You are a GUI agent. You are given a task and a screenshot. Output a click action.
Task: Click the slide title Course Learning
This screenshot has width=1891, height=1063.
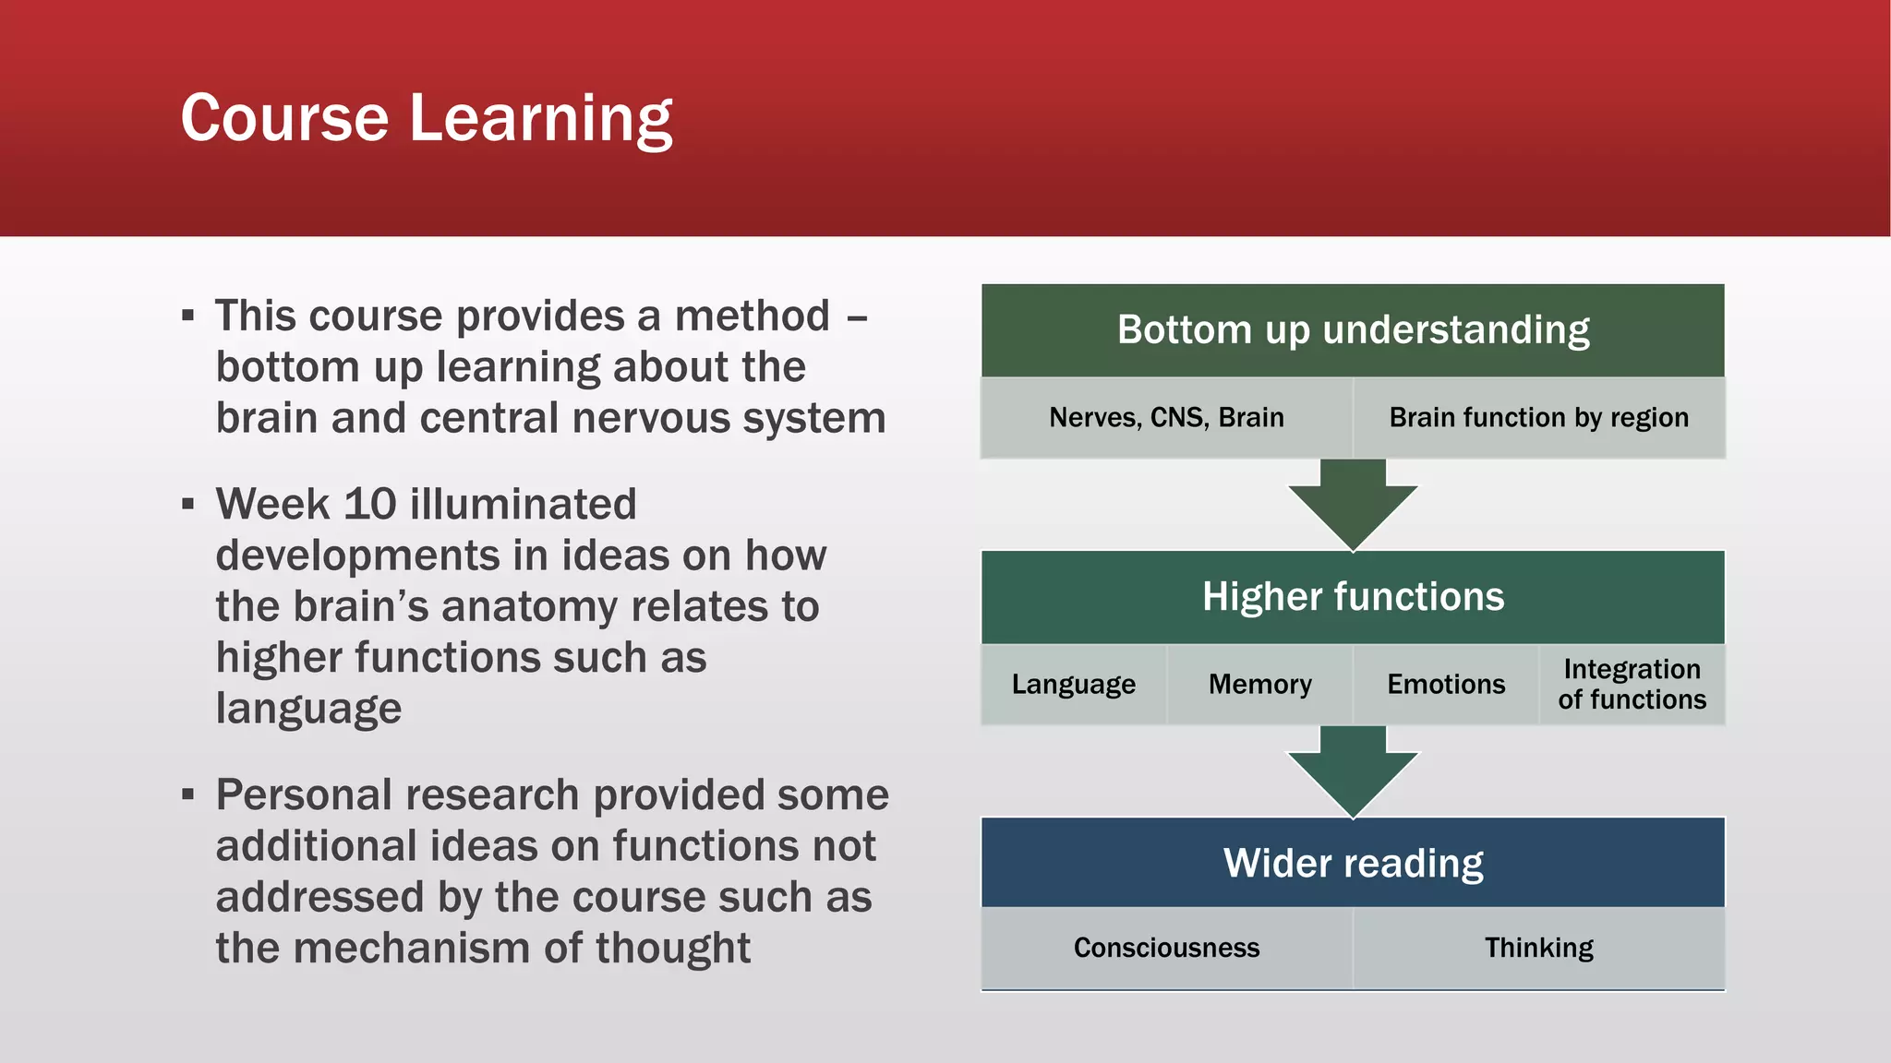[426, 118]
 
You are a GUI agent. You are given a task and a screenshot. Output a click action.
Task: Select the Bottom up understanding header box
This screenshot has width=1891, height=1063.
[1353, 330]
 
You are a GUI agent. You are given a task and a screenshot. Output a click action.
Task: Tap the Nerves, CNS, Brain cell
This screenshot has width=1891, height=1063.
[1166, 418]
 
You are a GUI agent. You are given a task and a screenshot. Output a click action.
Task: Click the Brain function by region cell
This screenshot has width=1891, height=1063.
[1538, 418]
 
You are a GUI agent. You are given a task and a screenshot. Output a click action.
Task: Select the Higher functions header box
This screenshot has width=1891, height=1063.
[1353, 597]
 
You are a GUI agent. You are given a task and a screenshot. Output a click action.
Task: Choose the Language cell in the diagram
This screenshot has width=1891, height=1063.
[1073, 685]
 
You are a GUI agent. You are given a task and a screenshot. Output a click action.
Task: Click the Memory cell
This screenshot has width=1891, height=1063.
[1259, 685]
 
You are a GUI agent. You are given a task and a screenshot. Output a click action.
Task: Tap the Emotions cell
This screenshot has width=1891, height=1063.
[1446, 685]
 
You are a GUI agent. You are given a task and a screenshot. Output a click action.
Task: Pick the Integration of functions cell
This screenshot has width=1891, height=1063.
[1632, 685]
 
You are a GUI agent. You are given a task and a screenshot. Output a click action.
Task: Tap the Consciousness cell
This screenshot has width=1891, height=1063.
[1166, 949]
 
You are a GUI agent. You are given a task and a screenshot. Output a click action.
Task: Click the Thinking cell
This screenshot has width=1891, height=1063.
[1538, 949]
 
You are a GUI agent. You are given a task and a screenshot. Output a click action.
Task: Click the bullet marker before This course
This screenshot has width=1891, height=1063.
[188, 317]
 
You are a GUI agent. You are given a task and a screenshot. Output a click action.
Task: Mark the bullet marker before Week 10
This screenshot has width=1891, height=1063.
[188, 505]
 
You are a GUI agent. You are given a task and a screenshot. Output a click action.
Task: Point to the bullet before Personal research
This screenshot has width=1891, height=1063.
[188, 794]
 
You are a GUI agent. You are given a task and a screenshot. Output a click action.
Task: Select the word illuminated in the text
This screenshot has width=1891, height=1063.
[523, 505]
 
